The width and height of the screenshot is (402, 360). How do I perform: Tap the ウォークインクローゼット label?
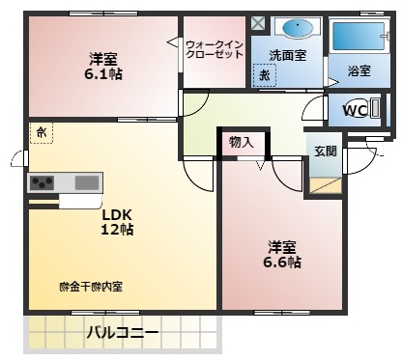214,48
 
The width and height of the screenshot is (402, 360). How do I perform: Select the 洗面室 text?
287,55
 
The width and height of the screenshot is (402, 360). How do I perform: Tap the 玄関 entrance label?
324,150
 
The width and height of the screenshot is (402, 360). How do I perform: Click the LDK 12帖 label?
117,222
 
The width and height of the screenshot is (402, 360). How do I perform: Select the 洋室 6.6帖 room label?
284,254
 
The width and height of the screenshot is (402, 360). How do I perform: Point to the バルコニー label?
122,334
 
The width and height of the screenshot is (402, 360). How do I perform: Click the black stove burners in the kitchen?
43,181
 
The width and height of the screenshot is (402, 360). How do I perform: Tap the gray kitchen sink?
87,181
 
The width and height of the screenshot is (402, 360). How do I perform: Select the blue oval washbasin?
289,27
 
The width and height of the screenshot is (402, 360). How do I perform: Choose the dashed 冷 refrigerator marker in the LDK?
42,130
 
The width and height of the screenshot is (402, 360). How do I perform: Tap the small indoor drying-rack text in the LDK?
91,287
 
